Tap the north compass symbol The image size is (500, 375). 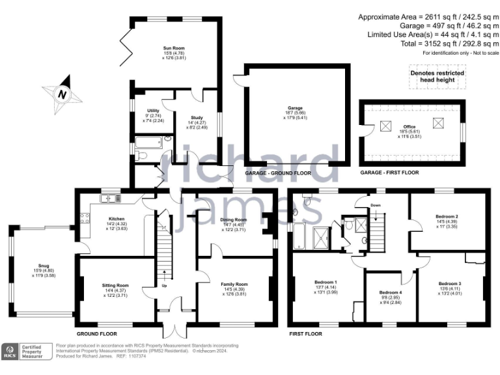pyautogui.click(x=62, y=94)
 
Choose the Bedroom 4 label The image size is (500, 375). pyautogui.click(x=390, y=292)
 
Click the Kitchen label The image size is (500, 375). pyautogui.click(x=116, y=219)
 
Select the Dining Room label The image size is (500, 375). pyautogui.click(x=234, y=220)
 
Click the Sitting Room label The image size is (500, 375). pyautogui.click(x=115, y=285)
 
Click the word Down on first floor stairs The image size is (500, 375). pyautogui.click(x=376, y=204)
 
